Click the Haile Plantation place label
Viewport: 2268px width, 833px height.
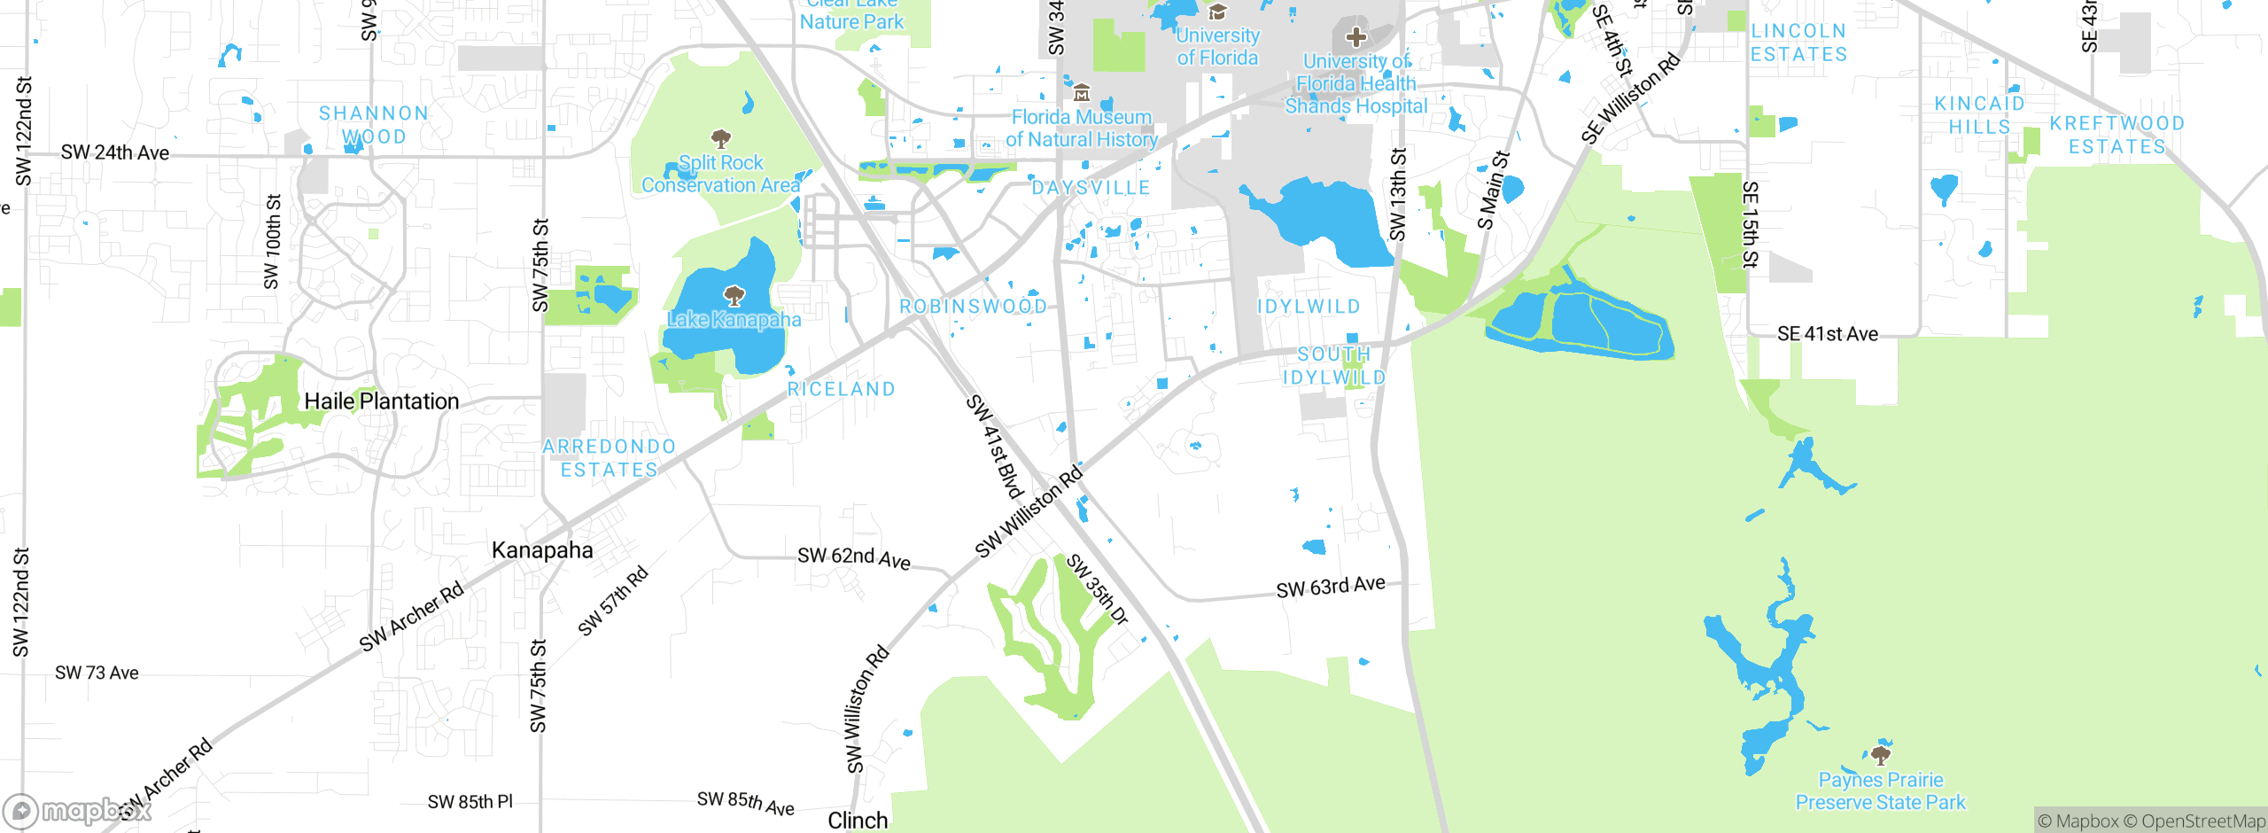[381, 401]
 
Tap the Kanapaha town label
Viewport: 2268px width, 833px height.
[542, 550]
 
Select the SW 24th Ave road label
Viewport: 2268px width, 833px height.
[114, 152]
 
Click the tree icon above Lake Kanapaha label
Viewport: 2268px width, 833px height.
[734, 295]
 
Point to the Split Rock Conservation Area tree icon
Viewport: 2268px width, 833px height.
[721, 138]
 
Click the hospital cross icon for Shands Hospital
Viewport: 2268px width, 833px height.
[1355, 37]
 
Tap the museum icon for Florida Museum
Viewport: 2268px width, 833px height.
[1081, 93]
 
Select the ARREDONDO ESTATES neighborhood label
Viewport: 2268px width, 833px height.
[610, 458]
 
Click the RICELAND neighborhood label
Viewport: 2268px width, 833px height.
[841, 389]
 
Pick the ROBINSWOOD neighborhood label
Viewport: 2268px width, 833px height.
[973, 307]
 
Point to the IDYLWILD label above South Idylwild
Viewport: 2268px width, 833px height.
[1309, 307]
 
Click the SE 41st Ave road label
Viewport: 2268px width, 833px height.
[1827, 334]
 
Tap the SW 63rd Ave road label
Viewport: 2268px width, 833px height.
[1330, 587]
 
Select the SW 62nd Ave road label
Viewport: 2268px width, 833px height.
[853, 557]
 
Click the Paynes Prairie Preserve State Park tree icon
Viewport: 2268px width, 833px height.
[1880, 755]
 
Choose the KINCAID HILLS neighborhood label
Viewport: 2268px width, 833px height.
[1979, 115]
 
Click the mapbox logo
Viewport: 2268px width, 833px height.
[75, 810]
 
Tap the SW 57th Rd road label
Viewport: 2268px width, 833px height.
[613, 601]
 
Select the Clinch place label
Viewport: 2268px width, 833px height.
[857, 821]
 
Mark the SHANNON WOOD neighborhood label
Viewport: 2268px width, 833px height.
[373, 125]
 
